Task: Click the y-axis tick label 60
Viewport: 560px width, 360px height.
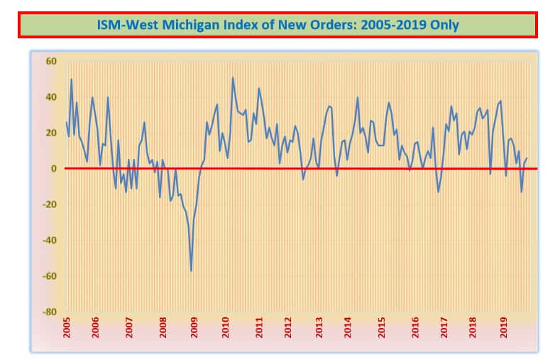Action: click(x=51, y=61)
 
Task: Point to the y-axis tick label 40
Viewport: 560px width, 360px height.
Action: click(x=51, y=97)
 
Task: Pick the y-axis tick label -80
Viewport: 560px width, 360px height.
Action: click(x=49, y=312)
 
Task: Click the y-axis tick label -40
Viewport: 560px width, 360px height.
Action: click(x=49, y=240)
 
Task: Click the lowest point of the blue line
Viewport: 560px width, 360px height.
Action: click(x=191, y=271)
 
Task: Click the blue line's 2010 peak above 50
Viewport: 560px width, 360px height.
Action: click(x=233, y=77)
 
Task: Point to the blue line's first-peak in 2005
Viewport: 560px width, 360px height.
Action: click(x=71, y=79)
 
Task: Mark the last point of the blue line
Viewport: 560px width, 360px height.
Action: click(x=527, y=158)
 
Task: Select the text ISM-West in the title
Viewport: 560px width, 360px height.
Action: click(x=121, y=25)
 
